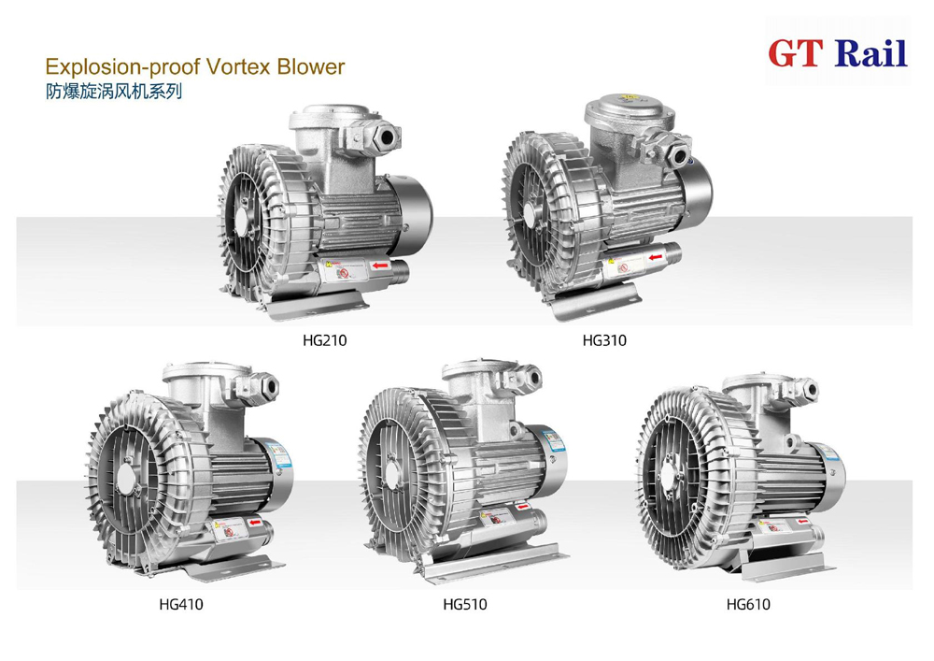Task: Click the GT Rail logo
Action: [837, 52]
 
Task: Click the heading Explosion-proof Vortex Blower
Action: [195, 67]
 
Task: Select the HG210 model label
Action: [324, 340]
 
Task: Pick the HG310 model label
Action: [604, 340]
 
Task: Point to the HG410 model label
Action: [180, 604]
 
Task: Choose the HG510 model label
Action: [464, 604]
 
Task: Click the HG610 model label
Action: [748, 604]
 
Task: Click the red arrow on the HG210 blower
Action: [379, 266]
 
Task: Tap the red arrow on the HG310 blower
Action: [658, 254]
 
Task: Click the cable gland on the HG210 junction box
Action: [386, 134]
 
